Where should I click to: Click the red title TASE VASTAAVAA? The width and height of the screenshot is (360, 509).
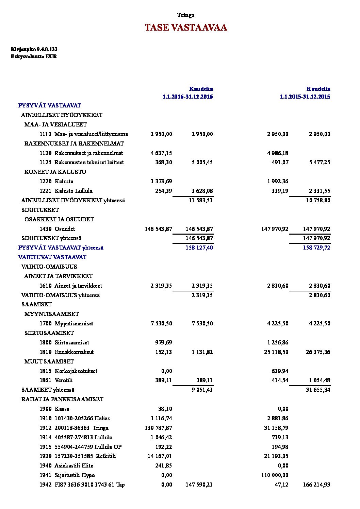[186, 28]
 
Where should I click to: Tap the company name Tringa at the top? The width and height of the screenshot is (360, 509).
[186, 15]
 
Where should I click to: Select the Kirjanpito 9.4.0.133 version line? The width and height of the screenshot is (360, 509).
[34, 49]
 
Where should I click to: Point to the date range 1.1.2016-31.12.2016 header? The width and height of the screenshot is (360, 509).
[187, 97]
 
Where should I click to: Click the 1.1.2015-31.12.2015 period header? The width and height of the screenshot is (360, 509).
[305, 97]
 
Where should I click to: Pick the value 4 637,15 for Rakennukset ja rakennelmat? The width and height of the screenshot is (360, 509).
[161, 153]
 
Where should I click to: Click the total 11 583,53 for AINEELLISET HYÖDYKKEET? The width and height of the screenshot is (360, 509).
[201, 200]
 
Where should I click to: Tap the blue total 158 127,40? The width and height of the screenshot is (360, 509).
[199, 248]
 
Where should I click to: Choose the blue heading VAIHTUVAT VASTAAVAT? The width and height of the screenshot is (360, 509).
[52, 257]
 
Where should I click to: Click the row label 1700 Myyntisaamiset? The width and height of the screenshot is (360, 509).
[66, 323]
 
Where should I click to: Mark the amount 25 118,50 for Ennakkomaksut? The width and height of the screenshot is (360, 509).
[276, 352]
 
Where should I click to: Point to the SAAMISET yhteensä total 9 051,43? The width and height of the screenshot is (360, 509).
[202, 390]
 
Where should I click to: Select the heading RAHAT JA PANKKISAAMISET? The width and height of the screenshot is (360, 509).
[62, 399]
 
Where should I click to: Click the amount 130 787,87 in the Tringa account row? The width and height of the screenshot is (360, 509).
[159, 428]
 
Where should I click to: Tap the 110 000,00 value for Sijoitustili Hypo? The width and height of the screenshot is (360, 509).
[275, 475]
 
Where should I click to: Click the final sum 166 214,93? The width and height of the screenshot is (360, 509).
[316, 485]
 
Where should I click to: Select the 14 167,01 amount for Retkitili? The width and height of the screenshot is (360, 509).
[160, 456]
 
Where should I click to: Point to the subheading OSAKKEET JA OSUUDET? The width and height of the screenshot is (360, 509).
[59, 219]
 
